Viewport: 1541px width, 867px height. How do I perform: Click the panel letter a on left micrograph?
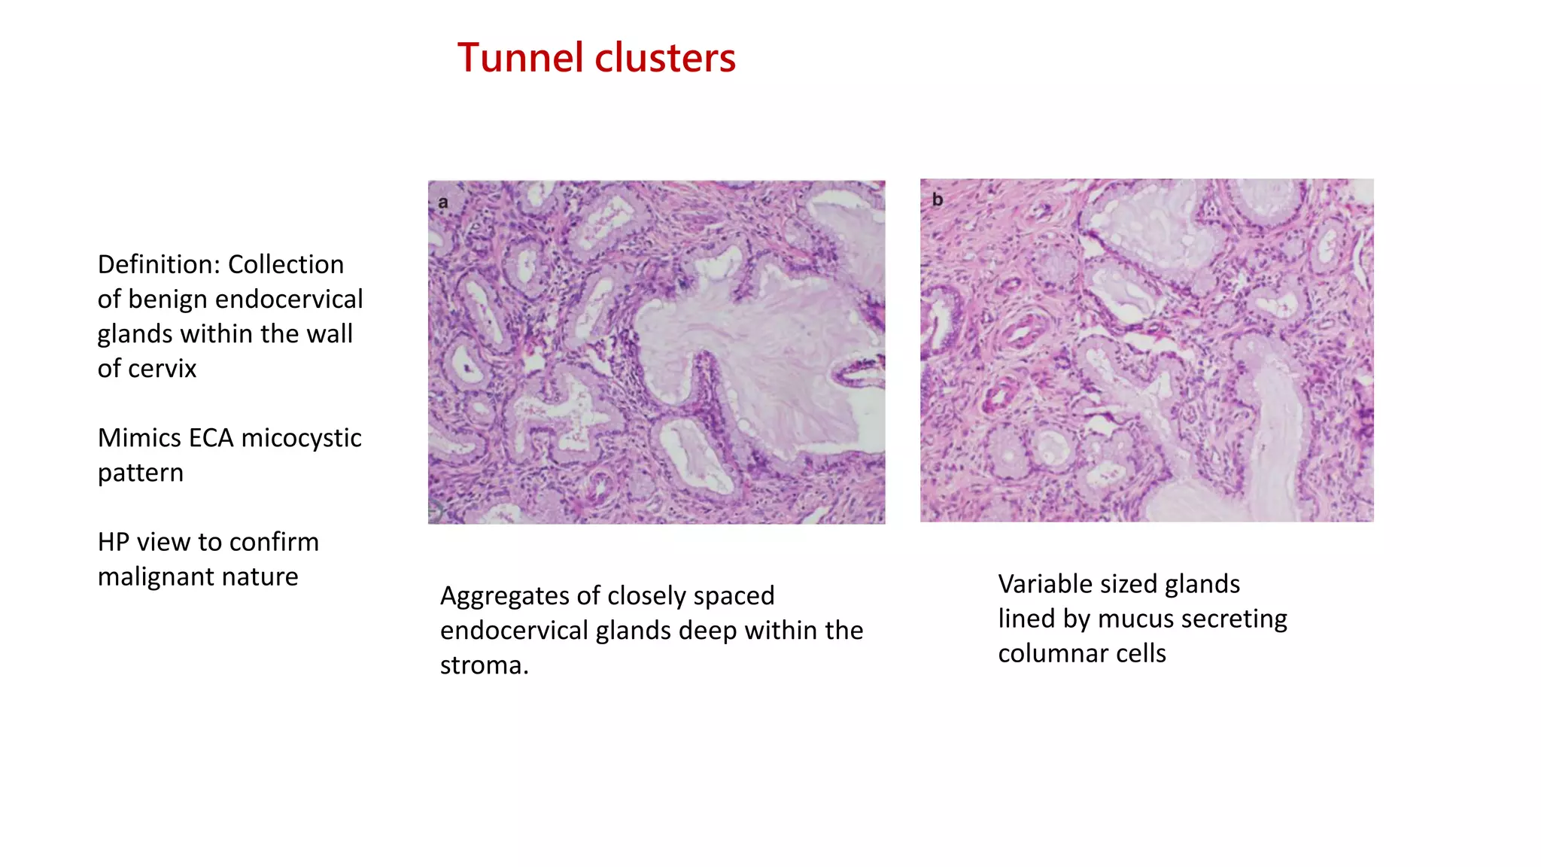443,202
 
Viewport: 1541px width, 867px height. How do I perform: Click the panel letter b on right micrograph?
938,199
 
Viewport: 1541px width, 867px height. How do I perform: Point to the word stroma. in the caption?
485,665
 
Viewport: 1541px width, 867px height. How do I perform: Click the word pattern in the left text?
141,473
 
